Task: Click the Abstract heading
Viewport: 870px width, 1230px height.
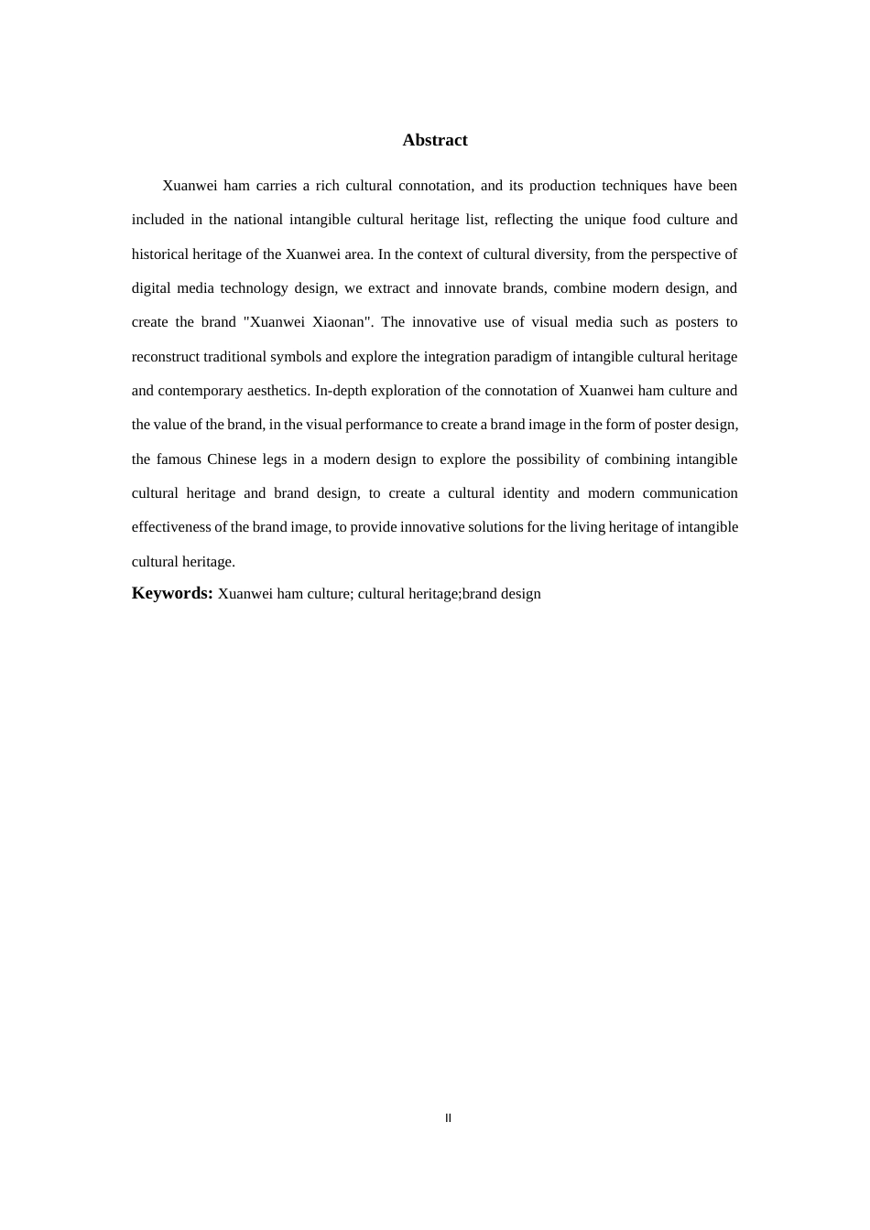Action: (434, 140)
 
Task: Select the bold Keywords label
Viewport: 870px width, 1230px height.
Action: (172, 593)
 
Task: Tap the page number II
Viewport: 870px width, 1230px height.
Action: (448, 1117)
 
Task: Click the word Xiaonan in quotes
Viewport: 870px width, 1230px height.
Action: (343, 322)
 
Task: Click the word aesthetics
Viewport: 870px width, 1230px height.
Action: (277, 391)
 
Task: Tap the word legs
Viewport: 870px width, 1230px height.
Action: (275, 459)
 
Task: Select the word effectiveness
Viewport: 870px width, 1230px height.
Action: (171, 527)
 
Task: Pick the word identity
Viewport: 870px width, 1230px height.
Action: (526, 493)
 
